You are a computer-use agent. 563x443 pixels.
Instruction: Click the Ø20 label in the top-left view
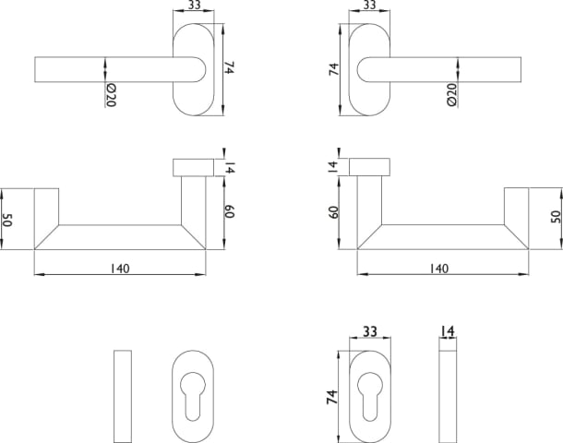pyautogui.click(x=111, y=95)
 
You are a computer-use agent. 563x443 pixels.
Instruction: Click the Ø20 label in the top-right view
pyautogui.click(x=451, y=94)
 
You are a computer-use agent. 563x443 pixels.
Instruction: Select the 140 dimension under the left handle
pyautogui.click(x=120, y=269)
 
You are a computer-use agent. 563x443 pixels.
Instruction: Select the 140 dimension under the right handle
pyautogui.click(x=438, y=269)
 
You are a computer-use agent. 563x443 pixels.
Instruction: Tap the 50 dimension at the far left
pyautogui.click(x=7, y=220)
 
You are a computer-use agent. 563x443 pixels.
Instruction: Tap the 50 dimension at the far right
pyautogui.click(x=556, y=217)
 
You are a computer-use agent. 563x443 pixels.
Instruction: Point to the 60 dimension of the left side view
pyautogui.click(x=229, y=211)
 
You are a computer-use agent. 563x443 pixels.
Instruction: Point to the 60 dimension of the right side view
pyautogui.click(x=333, y=212)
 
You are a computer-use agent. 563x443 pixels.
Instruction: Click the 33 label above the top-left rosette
pyautogui.click(x=194, y=6)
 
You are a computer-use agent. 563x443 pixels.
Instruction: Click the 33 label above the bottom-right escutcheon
pyautogui.click(x=370, y=331)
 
